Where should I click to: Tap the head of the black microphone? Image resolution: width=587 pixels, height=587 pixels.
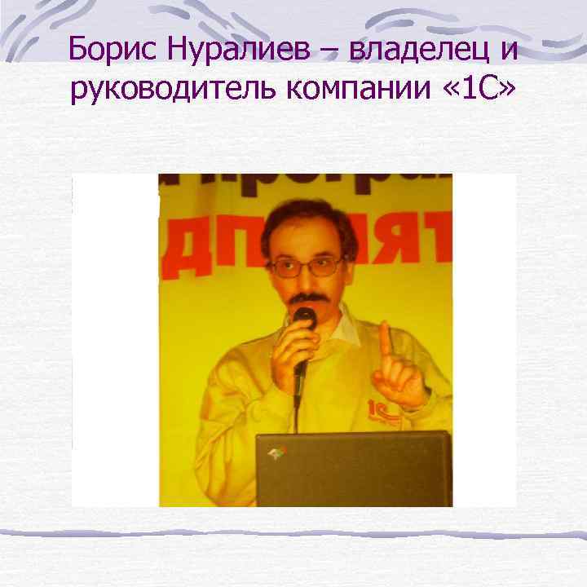[305, 316]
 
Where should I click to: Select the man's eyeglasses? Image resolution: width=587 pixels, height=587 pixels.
[307, 266]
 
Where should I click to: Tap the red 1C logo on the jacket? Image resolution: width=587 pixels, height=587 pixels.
[381, 408]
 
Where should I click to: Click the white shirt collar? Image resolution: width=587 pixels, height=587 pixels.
[346, 326]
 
